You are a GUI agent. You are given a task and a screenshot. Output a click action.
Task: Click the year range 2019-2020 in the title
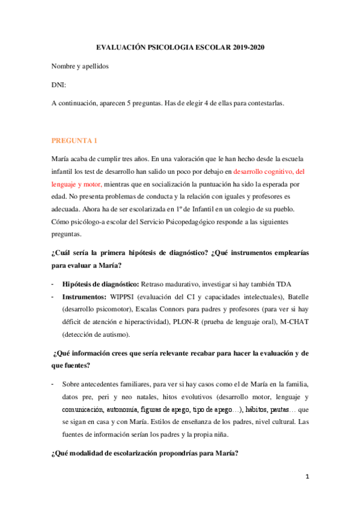(x=247, y=48)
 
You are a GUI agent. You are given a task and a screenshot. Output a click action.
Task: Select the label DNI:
(x=59, y=85)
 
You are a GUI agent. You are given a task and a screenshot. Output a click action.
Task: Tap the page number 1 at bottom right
(x=307, y=476)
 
